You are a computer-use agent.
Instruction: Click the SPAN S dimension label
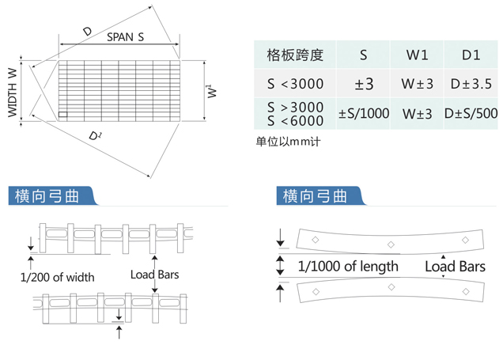(x=126, y=37)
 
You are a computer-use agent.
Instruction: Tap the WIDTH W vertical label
(x=12, y=93)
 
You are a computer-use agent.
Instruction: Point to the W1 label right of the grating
(x=212, y=91)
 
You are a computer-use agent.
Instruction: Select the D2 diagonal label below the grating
(x=95, y=136)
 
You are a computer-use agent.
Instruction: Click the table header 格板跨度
(x=295, y=55)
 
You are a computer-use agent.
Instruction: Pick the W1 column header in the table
(x=417, y=55)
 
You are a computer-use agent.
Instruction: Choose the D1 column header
(x=471, y=55)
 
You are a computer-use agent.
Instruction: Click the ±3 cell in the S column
(x=364, y=84)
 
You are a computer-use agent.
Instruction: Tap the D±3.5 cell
(x=471, y=84)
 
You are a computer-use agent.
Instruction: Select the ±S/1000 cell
(x=364, y=113)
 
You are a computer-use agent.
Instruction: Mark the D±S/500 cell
(x=471, y=113)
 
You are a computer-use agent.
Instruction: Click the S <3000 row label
(x=296, y=84)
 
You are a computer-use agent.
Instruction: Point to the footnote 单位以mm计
(x=288, y=141)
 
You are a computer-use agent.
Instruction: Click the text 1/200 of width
(x=58, y=277)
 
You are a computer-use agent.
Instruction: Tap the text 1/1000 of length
(x=348, y=267)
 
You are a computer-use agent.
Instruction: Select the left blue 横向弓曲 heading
(x=47, y=196)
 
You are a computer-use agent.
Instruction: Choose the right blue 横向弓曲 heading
(x=315, y=196)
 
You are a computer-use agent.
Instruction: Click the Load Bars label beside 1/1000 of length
(x=455, y=267)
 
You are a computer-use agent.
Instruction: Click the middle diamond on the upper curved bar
(x=391, y=244)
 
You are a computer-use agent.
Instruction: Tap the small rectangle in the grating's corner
(x=63, y=115)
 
